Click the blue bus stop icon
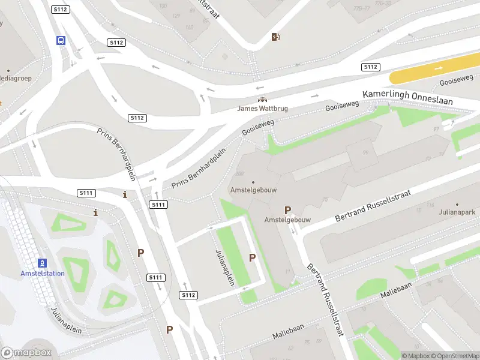point(61,41)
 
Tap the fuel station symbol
point(275,37)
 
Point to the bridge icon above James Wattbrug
point(262,100)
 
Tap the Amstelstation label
point(43,274)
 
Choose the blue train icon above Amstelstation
point(42,263)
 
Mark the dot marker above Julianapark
point(457,205)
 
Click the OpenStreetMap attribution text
point(453,356)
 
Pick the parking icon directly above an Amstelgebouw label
point(288,210)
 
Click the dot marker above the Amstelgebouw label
point(253,182)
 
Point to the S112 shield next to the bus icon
point(60,10)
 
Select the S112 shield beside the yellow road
point(370,67)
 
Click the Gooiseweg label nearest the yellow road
point(457,80)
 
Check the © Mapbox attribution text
point(415,356)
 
